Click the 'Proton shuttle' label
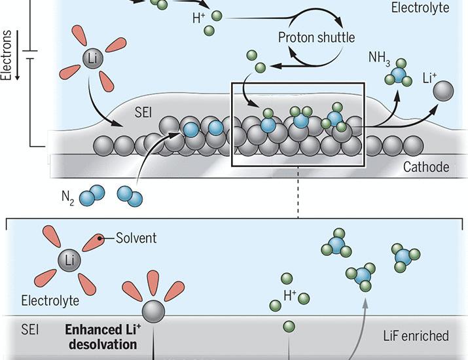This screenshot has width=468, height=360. coord(316,37)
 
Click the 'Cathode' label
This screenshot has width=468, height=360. coord(426,168)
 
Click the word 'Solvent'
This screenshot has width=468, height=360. coord(135,238)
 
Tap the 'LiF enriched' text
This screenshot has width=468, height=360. coord(416,336)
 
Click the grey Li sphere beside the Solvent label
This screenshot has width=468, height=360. coord(70,261)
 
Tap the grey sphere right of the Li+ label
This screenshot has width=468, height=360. coord(444,90)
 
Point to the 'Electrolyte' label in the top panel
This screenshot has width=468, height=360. coord(420,8)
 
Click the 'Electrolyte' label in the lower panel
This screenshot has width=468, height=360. coord(50,300)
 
